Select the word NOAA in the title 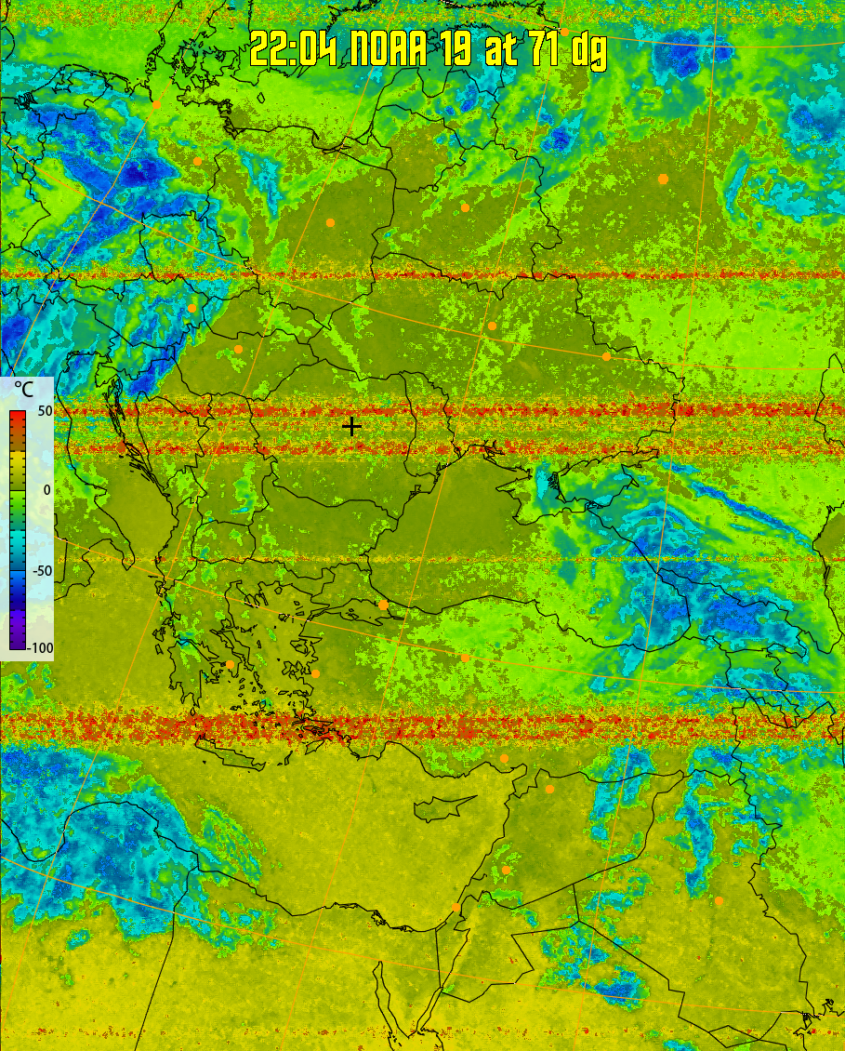(388, 49)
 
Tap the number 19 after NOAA (456, 49)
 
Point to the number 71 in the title (546, 49)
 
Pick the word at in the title (500, 49)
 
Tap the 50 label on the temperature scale (43, 410)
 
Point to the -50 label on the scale (40, 570)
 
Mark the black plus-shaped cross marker (351, 426)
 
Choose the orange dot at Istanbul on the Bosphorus (383, 605)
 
